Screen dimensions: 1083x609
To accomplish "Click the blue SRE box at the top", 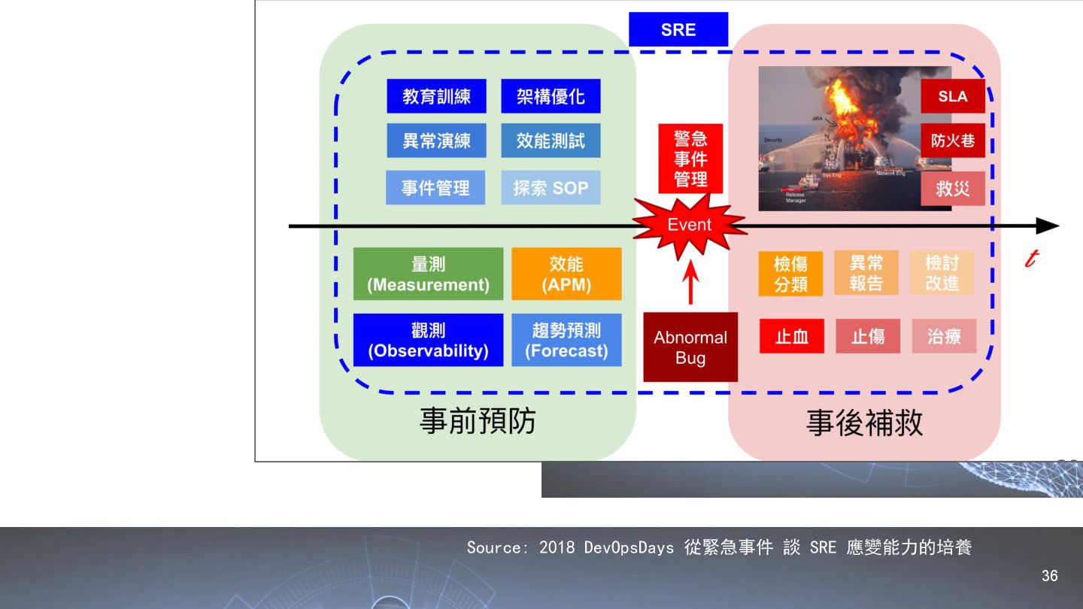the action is [678, 29].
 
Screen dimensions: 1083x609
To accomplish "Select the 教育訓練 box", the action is [436, 96].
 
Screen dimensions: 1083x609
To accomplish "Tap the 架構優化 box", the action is [551, 96].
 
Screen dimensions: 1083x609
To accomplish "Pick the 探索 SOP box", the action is [551, 188].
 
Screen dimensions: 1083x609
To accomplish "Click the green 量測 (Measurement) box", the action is [428, 274].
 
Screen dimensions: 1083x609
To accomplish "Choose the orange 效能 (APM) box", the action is [566, 274].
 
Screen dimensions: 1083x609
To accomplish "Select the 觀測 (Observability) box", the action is [428, 340].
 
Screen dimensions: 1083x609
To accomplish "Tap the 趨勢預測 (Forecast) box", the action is [566, 340].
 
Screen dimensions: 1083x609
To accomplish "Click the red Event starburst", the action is [689, 225].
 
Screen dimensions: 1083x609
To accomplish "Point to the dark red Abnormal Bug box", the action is [690, 347].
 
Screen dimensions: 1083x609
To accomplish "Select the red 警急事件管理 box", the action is [690, 159].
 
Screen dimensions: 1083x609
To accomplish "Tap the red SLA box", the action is [953, 96].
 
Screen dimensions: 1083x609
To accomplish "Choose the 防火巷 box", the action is [953, 141].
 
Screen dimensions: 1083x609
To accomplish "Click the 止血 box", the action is [792, 336].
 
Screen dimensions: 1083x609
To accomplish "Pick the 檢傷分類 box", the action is [790, 274].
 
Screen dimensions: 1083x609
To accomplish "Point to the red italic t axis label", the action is [1031, 259].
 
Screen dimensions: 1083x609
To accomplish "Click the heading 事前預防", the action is [478, 421].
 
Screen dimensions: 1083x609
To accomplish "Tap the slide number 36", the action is [1049, 576].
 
